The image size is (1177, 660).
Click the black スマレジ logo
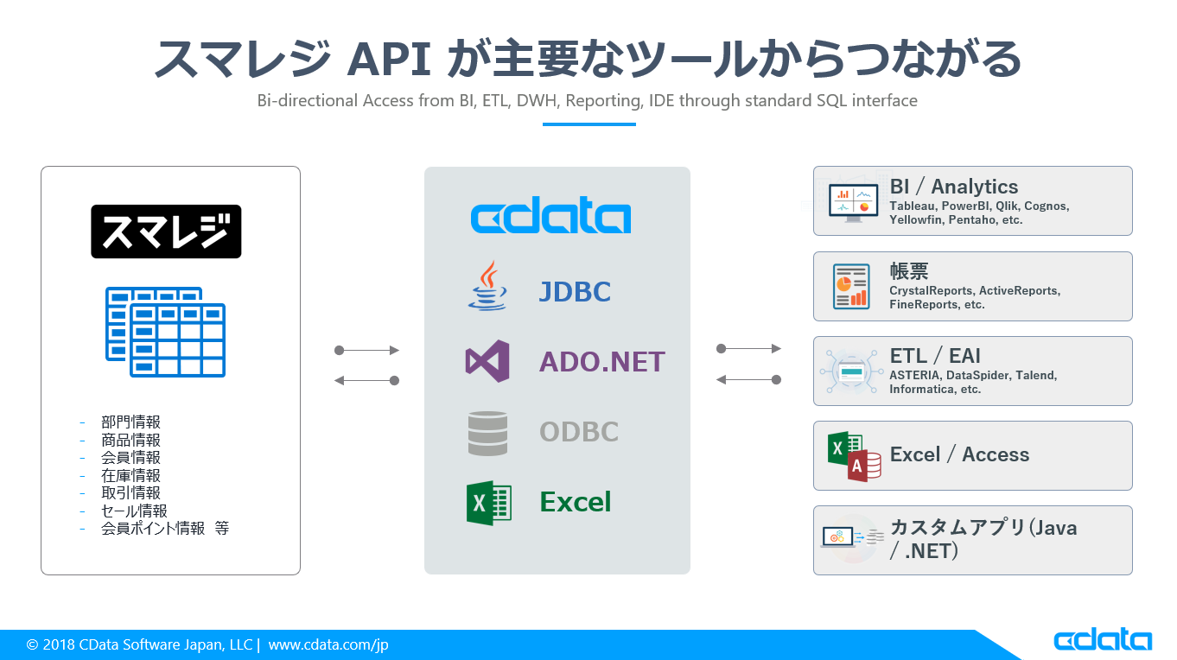[x=166, y=232]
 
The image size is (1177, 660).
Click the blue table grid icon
[x=166, y=333]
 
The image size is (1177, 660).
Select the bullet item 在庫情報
[x=130, y=475]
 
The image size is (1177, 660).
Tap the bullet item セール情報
[x=134, y=511]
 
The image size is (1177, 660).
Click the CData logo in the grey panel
[x=550, y=217]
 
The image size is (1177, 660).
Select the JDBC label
[x=575, y=292]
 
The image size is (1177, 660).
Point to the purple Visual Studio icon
[x=487, y=361]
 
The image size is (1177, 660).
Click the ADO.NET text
[x=601, y=361]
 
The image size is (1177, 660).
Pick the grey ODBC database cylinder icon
[x=488, y=433]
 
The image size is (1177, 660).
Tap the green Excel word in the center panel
[x=575, y=502]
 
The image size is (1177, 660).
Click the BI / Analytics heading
[x=954, y=187]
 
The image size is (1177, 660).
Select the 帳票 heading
[x=909, y=270]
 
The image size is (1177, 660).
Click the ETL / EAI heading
[x=935, y=356]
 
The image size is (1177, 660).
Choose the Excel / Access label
[x=959, y=455]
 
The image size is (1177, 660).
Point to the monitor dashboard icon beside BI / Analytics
[x=852, y=202]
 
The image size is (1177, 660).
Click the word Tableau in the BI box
[x=911, y=206]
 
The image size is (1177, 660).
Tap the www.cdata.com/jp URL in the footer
[x=328, y=644]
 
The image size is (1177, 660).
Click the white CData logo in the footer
[x=1102, y=640]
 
